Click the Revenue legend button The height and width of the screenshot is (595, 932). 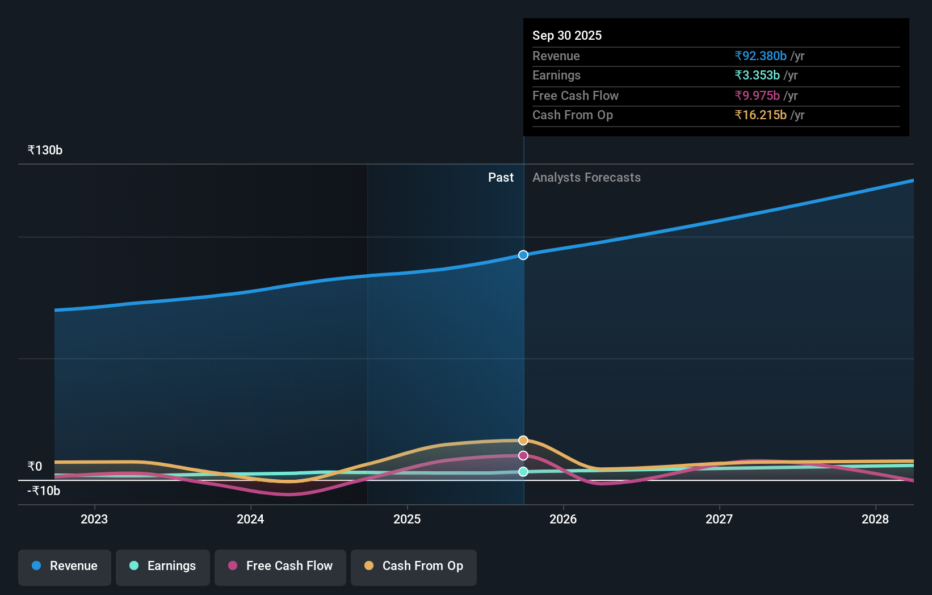[65, 567]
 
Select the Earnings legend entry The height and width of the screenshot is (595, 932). [163, 567]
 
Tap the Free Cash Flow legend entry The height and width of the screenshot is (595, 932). [280, 567]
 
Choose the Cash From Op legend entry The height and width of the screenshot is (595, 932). [414, 567]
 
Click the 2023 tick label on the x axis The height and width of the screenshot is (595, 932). [94, 519]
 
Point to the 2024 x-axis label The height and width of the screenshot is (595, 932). [250, 519]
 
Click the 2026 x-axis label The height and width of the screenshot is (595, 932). [563, 519]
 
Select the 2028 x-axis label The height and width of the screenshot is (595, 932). [875, 519]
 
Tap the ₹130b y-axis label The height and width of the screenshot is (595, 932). [45, 150]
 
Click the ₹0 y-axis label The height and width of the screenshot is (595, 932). [35, 467]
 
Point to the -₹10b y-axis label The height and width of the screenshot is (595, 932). [44, 491]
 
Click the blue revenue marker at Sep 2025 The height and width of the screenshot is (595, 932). [523, 255]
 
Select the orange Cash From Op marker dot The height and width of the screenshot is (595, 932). [523, 441]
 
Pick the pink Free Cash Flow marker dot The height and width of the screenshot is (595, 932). [523, 455]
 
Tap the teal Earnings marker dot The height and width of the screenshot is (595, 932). [523, 472]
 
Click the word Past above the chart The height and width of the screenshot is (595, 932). [501, 178]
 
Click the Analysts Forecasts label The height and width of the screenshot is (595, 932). [586, 178]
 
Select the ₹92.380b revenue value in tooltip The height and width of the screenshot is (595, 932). [761, 56]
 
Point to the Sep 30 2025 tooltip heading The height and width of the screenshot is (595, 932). [567, 36]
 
